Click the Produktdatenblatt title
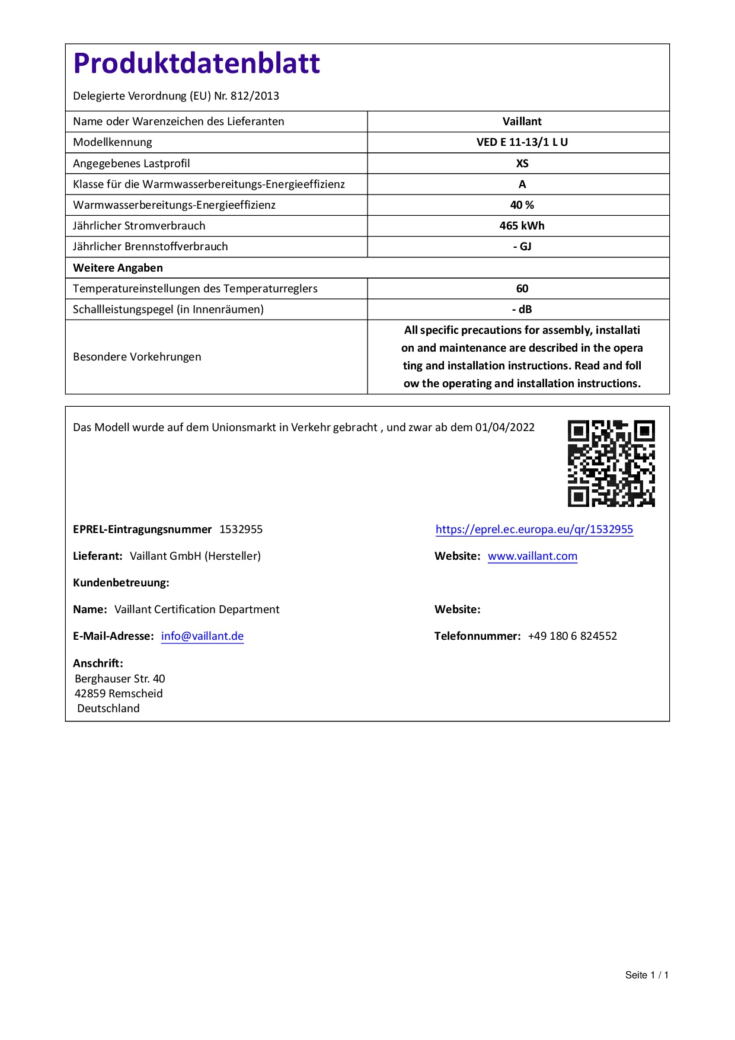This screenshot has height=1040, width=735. coord(196,63)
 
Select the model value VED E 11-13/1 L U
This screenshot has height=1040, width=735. coord(522,142)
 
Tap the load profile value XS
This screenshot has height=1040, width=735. coord(522,164)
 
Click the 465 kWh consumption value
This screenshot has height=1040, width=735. coord(522,226)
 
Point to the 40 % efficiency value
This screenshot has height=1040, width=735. coord(522,205)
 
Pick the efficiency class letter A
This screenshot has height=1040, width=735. coord(522,184)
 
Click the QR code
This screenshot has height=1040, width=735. coord(611,463)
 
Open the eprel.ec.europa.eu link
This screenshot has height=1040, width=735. coord(534,529)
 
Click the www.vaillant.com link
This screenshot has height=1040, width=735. coord(532,556)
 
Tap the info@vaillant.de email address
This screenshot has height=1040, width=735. coord(202,636)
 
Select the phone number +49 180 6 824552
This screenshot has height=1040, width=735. coord(572,636)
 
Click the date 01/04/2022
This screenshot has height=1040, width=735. coord(504,428)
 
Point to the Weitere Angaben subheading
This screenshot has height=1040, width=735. coord(118,268)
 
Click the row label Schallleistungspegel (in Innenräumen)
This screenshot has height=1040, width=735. coord(168,310)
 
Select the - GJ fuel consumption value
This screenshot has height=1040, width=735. coord(522,247)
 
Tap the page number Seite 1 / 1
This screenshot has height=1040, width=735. coord(647,975)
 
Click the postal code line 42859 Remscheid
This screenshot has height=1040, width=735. coord(119,694)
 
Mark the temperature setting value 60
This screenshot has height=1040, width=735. coord(522,289)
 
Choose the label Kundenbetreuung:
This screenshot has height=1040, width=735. coord(121,583)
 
